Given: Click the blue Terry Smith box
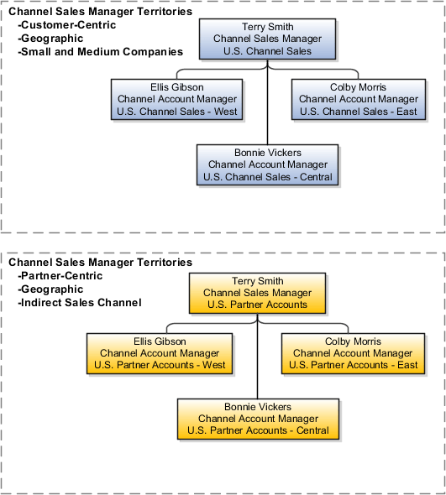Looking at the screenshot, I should coord(268,39).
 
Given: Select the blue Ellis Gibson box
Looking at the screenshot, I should coord(178,99).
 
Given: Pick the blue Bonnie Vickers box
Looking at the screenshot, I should coord(268,164).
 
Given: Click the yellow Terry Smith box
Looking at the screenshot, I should coord(256,293).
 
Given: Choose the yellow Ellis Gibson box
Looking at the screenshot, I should coord(160,353).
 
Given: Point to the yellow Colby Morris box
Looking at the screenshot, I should coord(353,353).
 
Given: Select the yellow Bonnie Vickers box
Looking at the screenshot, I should coord(258,418).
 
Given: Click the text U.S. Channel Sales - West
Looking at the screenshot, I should coord(178,112).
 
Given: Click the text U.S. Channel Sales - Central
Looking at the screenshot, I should coord(268,177).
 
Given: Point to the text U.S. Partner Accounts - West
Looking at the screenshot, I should coord(160,365).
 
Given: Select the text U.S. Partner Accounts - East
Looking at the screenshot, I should coord(353,365).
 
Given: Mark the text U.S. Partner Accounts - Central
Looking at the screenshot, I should coord(258,430).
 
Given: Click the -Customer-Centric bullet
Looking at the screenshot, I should coord(66,25).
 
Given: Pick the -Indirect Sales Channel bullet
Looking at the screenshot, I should coord(79,302).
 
